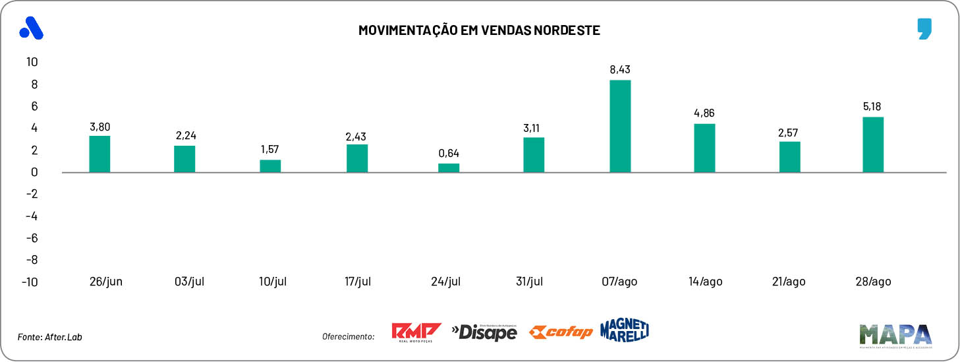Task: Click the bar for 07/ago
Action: pyautogui.click(x=620, y=126)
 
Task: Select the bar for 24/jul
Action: pyautogui.click(x=449, y=167)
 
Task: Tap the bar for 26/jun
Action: pyautogui.click(x=99, y=154)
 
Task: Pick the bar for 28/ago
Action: pyautogui.click(x=872, y=144)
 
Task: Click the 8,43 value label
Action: pyautogui.click(x=620, y=69)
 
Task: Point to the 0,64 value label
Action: pyautogui.click(x=449, y=153)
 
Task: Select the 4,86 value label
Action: pyautogui.click(x=704, y=113)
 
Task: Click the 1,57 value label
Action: pyautogui.click(x=271, y=149)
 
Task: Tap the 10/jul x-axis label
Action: pyautogui.click(x=273, y=282)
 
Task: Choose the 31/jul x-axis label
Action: pyautogui.click(x=530, y=282)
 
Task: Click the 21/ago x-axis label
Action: pyautogui.click(x=788, y=282)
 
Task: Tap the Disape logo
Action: pyautogui.click(x=485, y=332)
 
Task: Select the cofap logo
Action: pyautogui.click(x=561, y=332)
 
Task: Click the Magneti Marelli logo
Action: pyautogui.click(x=625, y=330)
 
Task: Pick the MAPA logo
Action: pyautogui.click(x=895, y=334)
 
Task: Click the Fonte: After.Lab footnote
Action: pyautogui.click(x=50, y=337)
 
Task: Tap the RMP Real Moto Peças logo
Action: pyautogui.click(x=416, y=332)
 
